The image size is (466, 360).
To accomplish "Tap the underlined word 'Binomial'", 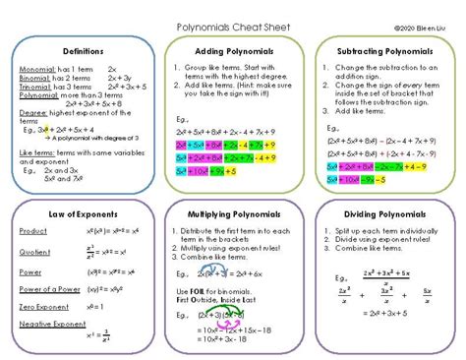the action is (33, 81).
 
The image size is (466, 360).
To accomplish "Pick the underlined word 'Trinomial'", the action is (34, 89).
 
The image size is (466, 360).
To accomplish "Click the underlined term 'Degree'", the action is (32, 113).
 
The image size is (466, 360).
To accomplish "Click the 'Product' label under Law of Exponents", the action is (32, 229).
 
